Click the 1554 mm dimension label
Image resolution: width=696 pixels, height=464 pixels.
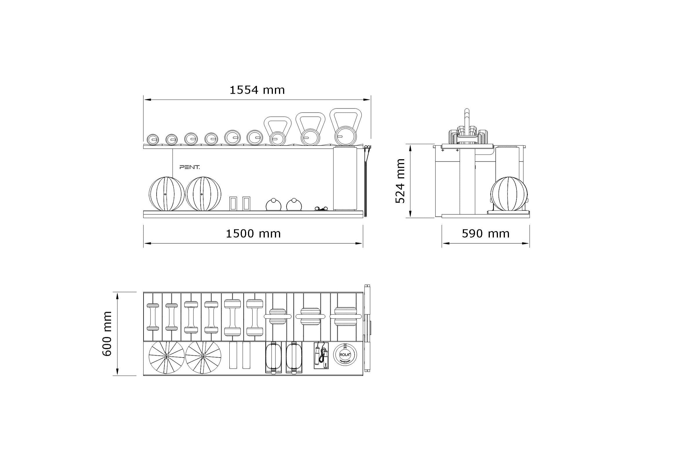coord(257,90)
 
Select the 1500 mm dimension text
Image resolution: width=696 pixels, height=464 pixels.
coord(253,234)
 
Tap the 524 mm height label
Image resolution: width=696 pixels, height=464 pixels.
coord(400,181)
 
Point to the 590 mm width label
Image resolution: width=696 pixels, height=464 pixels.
coord(485,234)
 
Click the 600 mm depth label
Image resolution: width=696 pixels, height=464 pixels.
coord(107,333)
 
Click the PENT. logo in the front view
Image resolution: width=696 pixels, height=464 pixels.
coord(190,167)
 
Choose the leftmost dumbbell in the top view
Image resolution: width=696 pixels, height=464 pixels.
coord(153,317)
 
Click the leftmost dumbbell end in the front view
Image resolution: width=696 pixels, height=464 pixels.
coord(153,139)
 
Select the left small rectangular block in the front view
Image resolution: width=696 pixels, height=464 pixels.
coord(233,203)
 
